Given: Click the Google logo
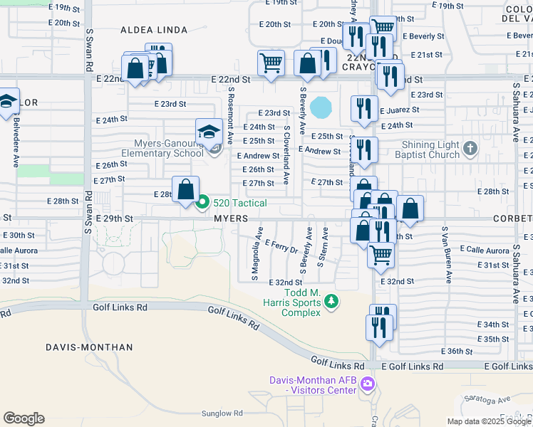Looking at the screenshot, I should pos(24,418).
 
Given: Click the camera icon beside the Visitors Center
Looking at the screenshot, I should pos(368,385).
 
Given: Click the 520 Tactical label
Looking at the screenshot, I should pos(240,204).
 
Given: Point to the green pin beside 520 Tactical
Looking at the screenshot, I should pos(202,204).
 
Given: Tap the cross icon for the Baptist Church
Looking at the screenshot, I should pos(470,148).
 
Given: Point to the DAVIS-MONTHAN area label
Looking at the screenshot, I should pos(89,347).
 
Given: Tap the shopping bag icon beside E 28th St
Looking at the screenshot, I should pos(185,190).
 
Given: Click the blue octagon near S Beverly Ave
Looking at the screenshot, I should pos(321,107).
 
